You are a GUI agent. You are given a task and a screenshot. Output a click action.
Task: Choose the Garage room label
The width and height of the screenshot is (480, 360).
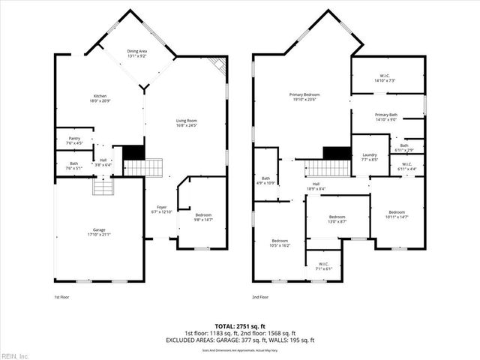[x=99, y=232]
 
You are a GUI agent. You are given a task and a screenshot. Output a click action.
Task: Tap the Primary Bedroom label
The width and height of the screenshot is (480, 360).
[x=305, y=97]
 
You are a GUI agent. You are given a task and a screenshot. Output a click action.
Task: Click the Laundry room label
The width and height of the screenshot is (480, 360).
[x=370, y=157]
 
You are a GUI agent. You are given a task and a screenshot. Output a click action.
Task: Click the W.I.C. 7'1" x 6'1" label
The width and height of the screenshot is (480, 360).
[x=323, y=265]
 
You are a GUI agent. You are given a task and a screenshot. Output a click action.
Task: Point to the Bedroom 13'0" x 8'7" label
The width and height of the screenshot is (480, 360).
[x=337, y=219]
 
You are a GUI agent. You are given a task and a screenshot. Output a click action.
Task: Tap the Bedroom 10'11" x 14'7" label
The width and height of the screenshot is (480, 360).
[x=397, y=214]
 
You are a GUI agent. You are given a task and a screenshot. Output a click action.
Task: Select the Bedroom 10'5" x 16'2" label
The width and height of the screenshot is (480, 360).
[x=280, y=243]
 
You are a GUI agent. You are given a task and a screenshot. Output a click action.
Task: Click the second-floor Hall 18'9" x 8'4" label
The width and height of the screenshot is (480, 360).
[x=316, y=186]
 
